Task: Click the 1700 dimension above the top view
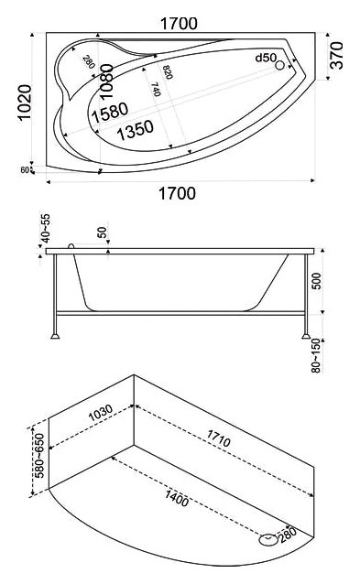(x=179, y=24)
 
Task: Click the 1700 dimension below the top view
(x=178, y=194)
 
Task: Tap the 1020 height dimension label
(x=25, y=102)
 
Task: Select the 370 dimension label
(x=337, y=56)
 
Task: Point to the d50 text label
(x=266, y=58)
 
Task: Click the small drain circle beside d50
(x=280, y=66)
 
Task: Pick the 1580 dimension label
(x=110, y=112)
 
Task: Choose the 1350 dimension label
(x=135, y=130)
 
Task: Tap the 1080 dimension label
(x=107, y=81)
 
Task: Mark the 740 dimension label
(x=156, y=90)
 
